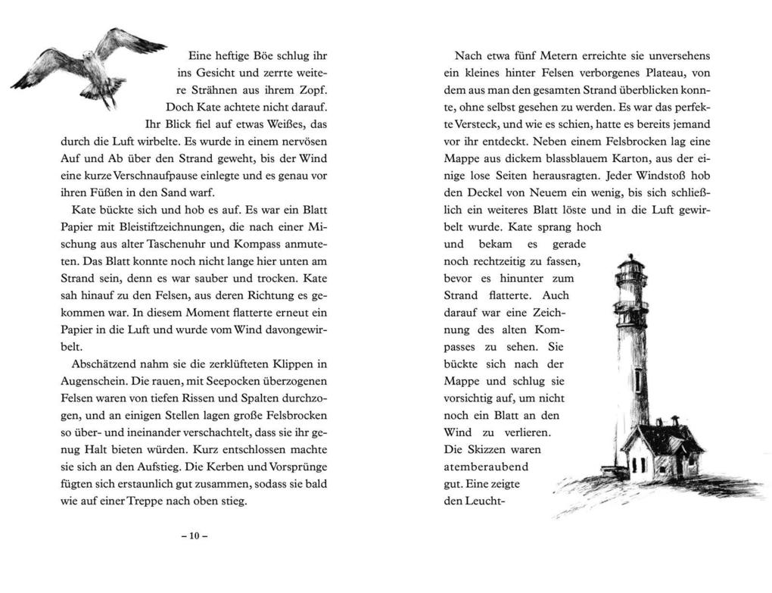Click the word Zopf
[x=316, y=90]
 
